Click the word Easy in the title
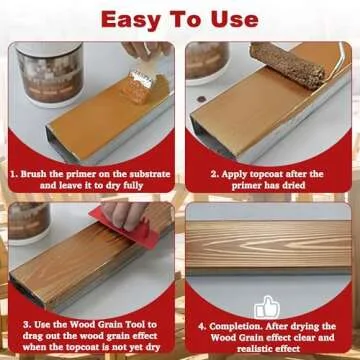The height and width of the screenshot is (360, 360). pos(126,19)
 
